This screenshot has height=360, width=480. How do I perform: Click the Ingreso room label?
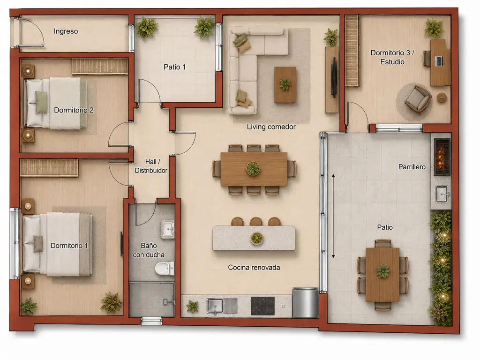tap(66, 31)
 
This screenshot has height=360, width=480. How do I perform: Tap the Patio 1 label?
tap(174, 67)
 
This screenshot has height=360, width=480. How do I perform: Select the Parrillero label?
tap(412, 167)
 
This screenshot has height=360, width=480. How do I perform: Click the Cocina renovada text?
tap(254, 267)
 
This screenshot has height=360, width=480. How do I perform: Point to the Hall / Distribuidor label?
tap(151, 166)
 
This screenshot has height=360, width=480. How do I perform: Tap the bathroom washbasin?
tap(168, 229)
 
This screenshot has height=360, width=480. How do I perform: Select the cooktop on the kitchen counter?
tap(262, 306)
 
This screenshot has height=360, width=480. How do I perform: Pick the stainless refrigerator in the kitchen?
tap(305, 302)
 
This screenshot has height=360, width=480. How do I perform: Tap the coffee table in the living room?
tap(285, 85)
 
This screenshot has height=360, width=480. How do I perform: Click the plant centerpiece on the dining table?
tap(253, 168)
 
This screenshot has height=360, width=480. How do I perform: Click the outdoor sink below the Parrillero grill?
tap(442, 194)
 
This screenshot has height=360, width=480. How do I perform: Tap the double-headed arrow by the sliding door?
tap(333, 216)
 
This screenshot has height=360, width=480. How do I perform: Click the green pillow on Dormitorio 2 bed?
tap(42, 102)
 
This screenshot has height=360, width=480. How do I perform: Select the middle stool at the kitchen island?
tap(255, 222)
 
